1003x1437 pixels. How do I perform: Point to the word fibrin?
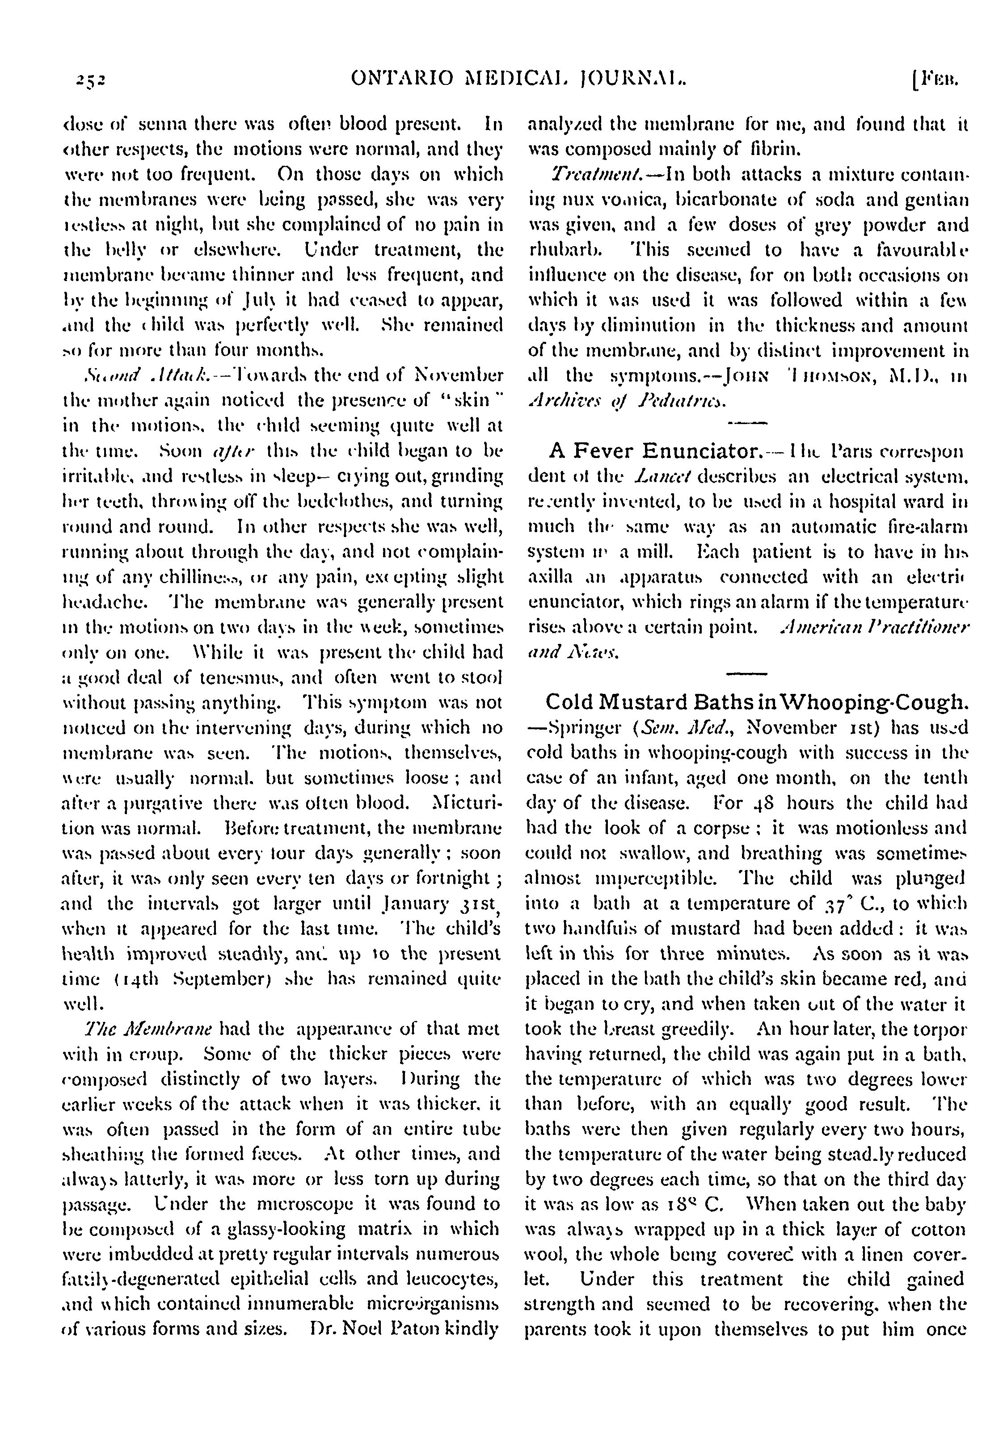[x=764, y=150]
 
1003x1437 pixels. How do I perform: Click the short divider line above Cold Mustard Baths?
[x=746, y=673]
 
